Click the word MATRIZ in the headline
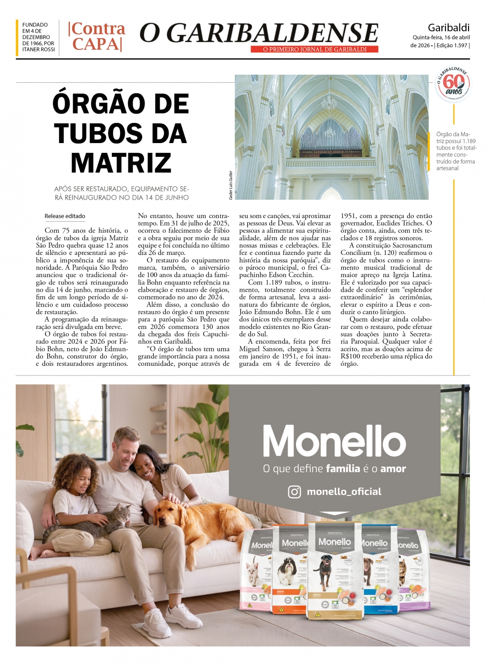pyautogui.click(x=121, y=163)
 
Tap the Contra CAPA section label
pyautogui.click(x=97, y=36)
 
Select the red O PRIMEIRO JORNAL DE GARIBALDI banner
pyautogui.click(x=314, y=49)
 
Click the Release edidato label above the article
pyautogui.click(x=65, y=216)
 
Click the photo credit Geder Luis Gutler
pyautogui.click(x=231, y=185)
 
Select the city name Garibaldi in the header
pyautogui.click(x=448, y=27)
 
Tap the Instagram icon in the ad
pyautogui.click(x=294, y=491)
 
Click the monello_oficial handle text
pyautogui.click(x=344, y=491)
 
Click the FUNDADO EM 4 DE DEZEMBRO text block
pyautogui.click(x=38, y=37)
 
